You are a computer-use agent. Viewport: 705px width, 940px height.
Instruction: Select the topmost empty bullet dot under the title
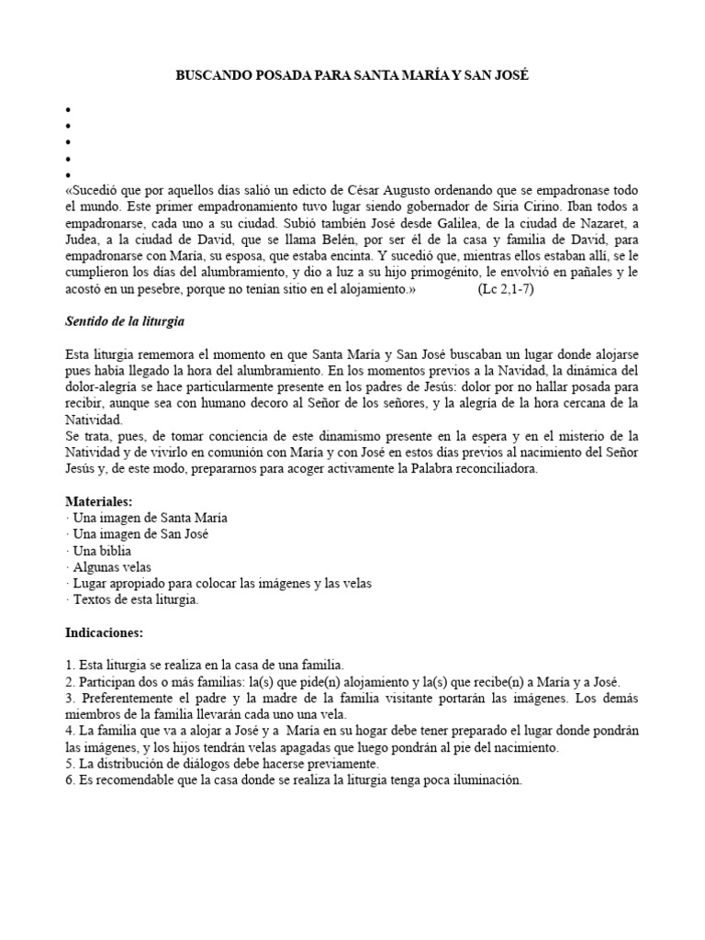tap(68, 109)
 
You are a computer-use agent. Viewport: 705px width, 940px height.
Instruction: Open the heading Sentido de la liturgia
tap(126, 322)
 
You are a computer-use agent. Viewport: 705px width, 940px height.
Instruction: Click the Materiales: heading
tap(99, 501)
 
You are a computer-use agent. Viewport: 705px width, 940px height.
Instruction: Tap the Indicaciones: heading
tap(104, 632)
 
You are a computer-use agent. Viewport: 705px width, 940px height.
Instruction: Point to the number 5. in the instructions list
tap(71, 764)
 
